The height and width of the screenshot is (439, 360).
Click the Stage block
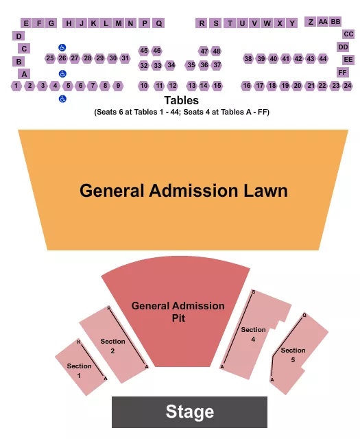coord(189,412)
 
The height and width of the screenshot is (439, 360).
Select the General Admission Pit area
coord(178,311)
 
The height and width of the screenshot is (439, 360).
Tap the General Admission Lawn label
coord(183,190)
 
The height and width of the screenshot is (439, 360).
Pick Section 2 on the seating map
coord(112,345)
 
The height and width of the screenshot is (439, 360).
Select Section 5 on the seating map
coord(293,355)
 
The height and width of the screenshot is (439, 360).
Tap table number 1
coord(16,86)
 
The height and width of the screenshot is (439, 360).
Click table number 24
coord(348,86)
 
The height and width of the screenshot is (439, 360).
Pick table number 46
coord(157,51)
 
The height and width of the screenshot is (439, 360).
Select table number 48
coord(217,51)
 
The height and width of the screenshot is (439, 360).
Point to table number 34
coord(171,65)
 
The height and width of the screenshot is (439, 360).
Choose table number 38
coord(248,59)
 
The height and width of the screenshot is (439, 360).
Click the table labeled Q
coord(158,23)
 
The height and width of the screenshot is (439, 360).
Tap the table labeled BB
coord(335,22)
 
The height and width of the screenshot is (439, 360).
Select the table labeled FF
coord(343,72)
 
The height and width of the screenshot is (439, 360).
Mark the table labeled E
coord(27,23)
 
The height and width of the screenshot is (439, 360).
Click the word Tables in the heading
coord(181,101)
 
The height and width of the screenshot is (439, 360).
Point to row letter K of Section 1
coord(78,342)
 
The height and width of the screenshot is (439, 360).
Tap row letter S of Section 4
coord(253,292)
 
